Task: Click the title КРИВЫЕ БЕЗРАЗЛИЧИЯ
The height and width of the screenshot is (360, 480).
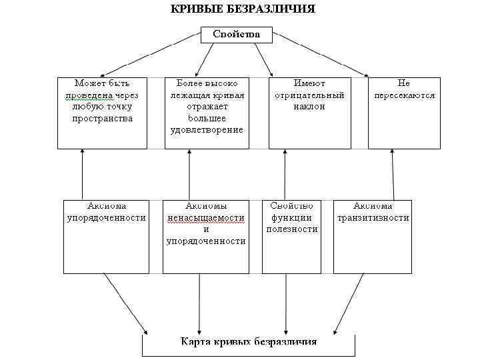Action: tap(243, 9)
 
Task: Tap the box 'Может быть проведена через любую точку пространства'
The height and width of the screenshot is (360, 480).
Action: tap(102, 112)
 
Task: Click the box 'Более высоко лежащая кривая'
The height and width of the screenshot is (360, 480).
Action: tap(206, 112)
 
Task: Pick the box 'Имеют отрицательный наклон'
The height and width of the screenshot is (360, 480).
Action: tap(309, 112)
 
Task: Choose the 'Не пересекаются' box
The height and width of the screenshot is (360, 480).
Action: tap(404, 112)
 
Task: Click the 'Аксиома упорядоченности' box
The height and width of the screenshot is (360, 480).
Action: tap(106, 236)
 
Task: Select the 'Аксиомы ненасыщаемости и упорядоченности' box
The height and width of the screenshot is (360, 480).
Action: tap(206, 236)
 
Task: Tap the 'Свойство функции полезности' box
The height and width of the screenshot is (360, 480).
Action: tap(291, 236)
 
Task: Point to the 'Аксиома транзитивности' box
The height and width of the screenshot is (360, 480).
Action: tap(373, 236)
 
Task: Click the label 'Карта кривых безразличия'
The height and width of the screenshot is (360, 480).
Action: tap(249, 342)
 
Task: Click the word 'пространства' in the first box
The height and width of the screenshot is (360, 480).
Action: tap(103, 119)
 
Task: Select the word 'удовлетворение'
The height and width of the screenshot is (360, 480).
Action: tap(206, 130)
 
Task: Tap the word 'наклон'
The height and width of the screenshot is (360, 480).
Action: tap(309, 107)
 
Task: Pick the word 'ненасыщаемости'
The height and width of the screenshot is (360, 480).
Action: tap(206, 218)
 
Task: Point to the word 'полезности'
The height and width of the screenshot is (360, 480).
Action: tap(292, 229)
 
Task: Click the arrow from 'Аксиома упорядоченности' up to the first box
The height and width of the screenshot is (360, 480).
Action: tap(82, 174)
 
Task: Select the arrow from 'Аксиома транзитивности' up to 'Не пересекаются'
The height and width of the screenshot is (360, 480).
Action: tap(392, 174)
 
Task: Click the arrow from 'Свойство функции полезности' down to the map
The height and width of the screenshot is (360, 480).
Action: tap(286, 303)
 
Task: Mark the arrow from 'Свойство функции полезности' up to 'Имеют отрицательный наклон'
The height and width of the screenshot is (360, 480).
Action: tap(285, 174)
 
